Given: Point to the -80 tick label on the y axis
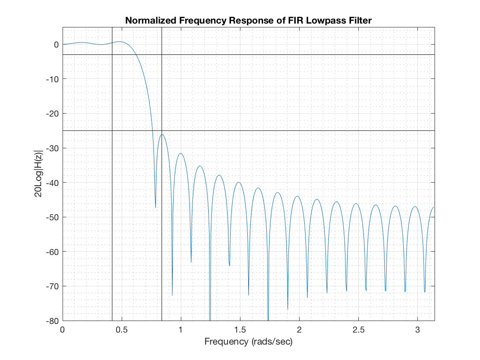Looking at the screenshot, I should [53, 321].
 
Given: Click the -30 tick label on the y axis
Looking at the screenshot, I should [53, 148].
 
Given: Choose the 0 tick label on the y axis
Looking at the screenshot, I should [56, 45].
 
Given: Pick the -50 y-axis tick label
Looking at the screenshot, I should [53, 217].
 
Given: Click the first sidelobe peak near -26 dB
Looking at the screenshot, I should [162, 135].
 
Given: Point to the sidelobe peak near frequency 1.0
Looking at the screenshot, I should [181, 153].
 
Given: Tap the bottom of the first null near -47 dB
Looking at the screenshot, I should [156, 207].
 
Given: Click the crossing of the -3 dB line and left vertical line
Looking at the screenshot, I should [112, 55].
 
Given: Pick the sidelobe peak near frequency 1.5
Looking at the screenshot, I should [239, 182].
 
